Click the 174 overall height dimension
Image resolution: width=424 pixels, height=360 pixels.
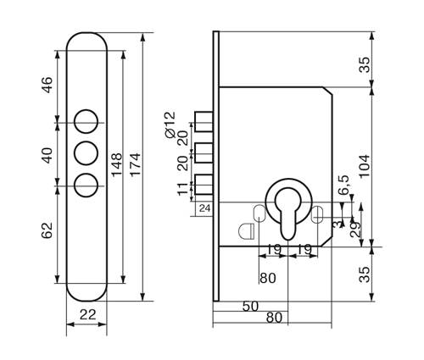[135, 164]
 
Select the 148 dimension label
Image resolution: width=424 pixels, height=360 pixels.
[116, 164]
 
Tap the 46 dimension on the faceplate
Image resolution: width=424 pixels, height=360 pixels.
[47, 85]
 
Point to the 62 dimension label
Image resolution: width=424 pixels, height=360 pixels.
[47, 230]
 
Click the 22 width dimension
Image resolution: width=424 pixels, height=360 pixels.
[87, 314]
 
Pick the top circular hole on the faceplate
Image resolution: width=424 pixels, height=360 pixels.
[86, 121]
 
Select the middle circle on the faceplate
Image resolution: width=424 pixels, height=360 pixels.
[86, 153]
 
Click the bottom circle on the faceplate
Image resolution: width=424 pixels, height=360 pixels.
[86, 185]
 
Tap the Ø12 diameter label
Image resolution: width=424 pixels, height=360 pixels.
[170, 125]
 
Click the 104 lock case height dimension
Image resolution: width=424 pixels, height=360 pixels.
[365, 165]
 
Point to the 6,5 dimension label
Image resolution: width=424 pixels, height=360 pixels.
[344, 185]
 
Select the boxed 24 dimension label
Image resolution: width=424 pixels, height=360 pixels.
[205, 208]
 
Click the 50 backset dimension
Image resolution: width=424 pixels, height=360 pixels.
[250, 307]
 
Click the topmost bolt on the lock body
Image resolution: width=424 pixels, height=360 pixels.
[204, 122]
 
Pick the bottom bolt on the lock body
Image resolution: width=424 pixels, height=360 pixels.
[204, 185]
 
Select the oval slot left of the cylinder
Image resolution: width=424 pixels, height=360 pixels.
[259, 213]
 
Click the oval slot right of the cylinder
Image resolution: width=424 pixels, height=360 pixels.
[317, 214]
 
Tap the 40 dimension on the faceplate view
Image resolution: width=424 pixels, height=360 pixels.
[47, 155]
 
